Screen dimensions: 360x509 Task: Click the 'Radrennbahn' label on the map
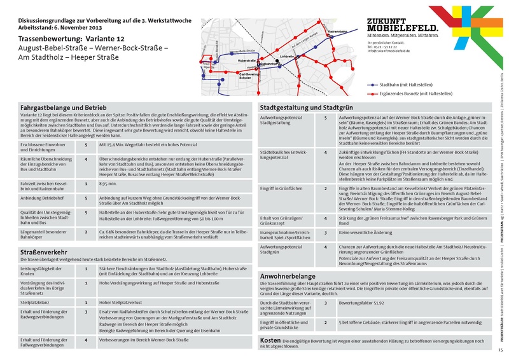pyautogui.click(x=338, y=31)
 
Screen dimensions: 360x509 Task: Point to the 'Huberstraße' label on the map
pyautogui.click(x=247, y=60)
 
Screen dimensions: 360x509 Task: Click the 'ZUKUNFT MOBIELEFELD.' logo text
pyautogui.click(x=402, y=25)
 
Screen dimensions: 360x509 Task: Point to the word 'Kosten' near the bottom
pyautogui.click(x=272, y=341)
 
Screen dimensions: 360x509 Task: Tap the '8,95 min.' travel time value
pyautogui.click(x=109, y=183)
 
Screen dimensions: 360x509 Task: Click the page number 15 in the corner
pyautogui.click(x=501, y=350)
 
